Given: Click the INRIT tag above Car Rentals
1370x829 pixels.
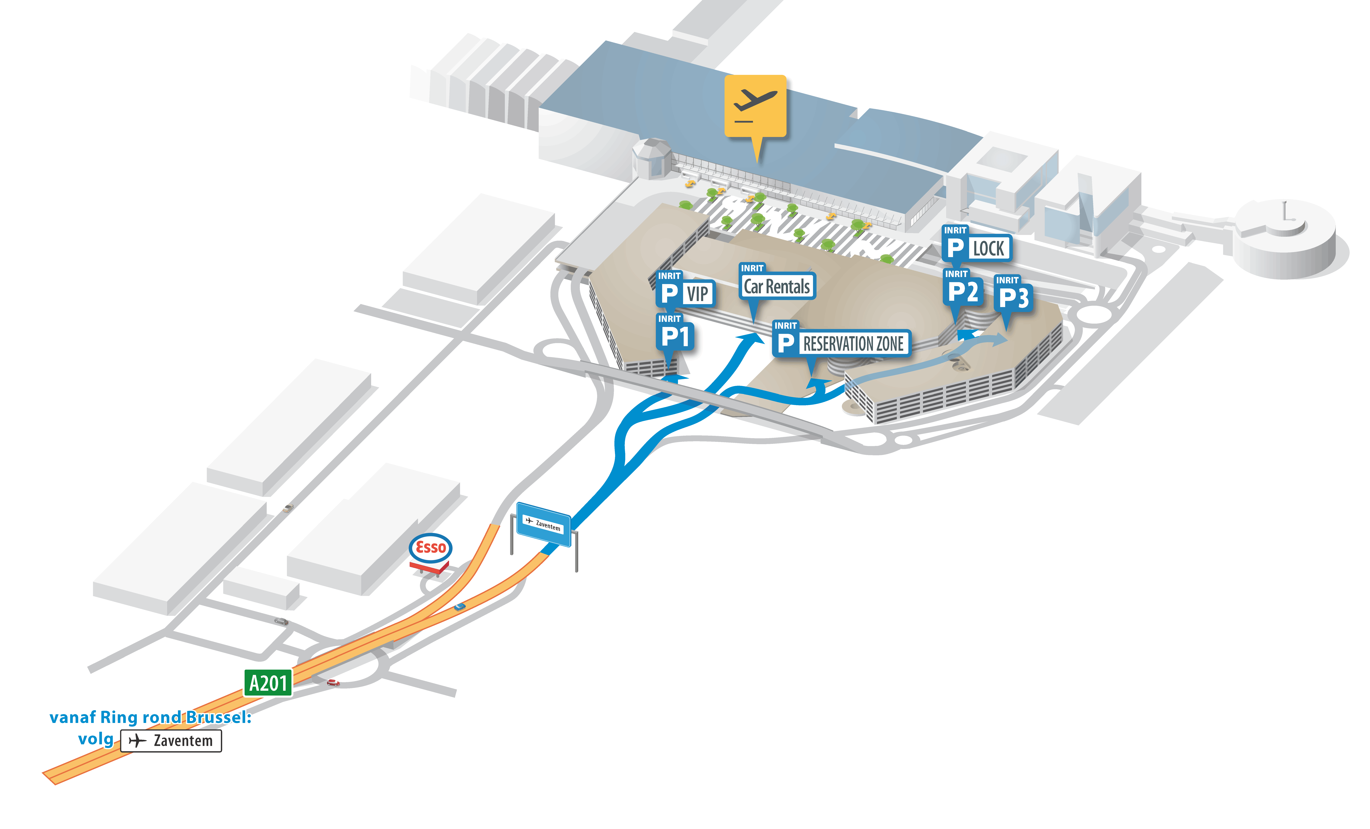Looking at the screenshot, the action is (x=752, y=268).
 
